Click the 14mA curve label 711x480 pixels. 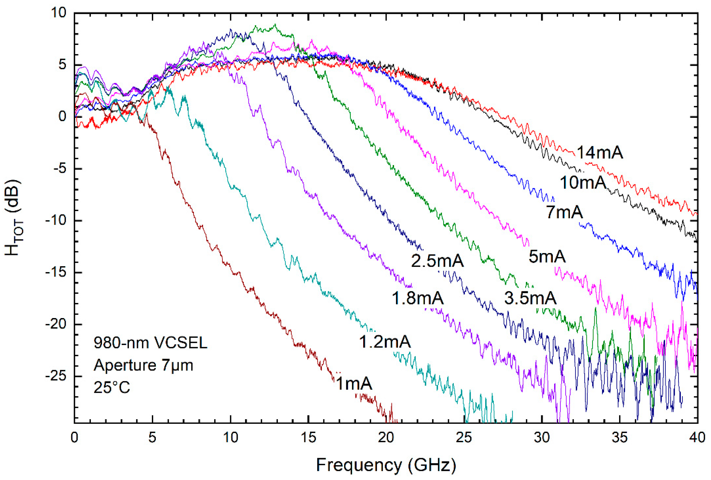(600, 152)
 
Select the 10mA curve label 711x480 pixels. (583, 183)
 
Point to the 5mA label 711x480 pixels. (547, 256)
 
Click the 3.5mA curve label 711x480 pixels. (530, 298)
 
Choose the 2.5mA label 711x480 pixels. (437, 261)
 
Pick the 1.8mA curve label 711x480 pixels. (418, 298)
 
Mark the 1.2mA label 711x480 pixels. (385, 341)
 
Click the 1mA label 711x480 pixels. (354, 383)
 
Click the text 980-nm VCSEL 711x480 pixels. (151, 342)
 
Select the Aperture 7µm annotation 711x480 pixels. (143, 365)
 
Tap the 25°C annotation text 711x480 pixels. (112, 387)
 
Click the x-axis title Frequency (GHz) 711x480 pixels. (386, 465)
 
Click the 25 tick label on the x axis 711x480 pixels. (464, 437)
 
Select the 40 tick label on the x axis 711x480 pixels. (697, 437)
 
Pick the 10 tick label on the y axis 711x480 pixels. (58, 13)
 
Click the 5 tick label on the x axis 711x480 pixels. (152, 437)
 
